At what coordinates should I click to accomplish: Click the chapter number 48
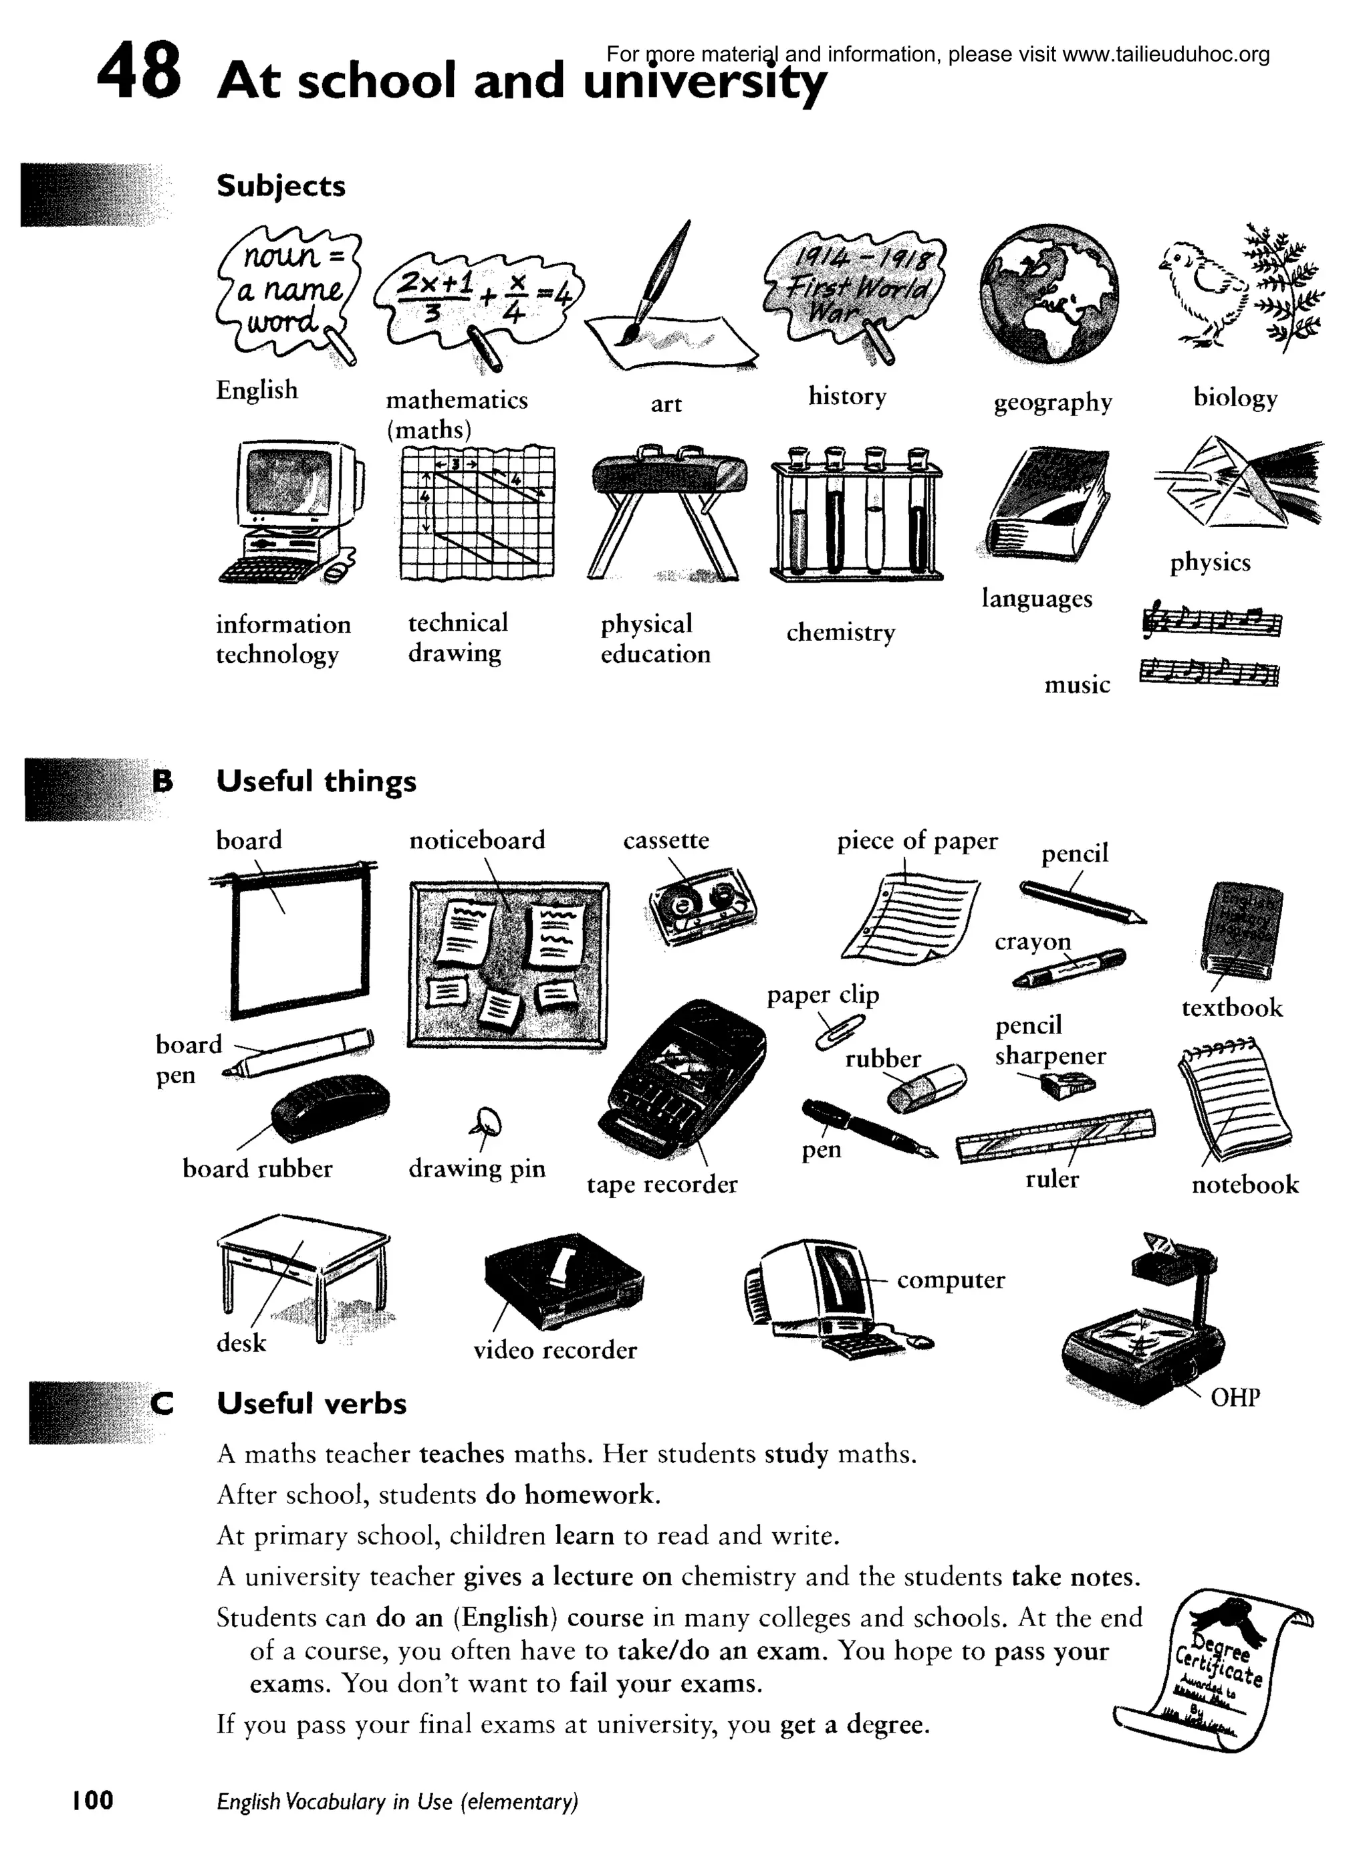pyautogui.click(x=138, y=72)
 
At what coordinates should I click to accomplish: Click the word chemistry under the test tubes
pyautogui.click(x=840, y=633)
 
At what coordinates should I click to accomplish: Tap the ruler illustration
pyautogui.click(x=1055, y=1135)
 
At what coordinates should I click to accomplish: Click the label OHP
pyautogui.click(x=1235, y=1398)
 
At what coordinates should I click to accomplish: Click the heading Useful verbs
pyautogui.click(x=312, y=1403)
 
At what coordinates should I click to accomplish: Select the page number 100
pyautogui.click(x=93, y=1800)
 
